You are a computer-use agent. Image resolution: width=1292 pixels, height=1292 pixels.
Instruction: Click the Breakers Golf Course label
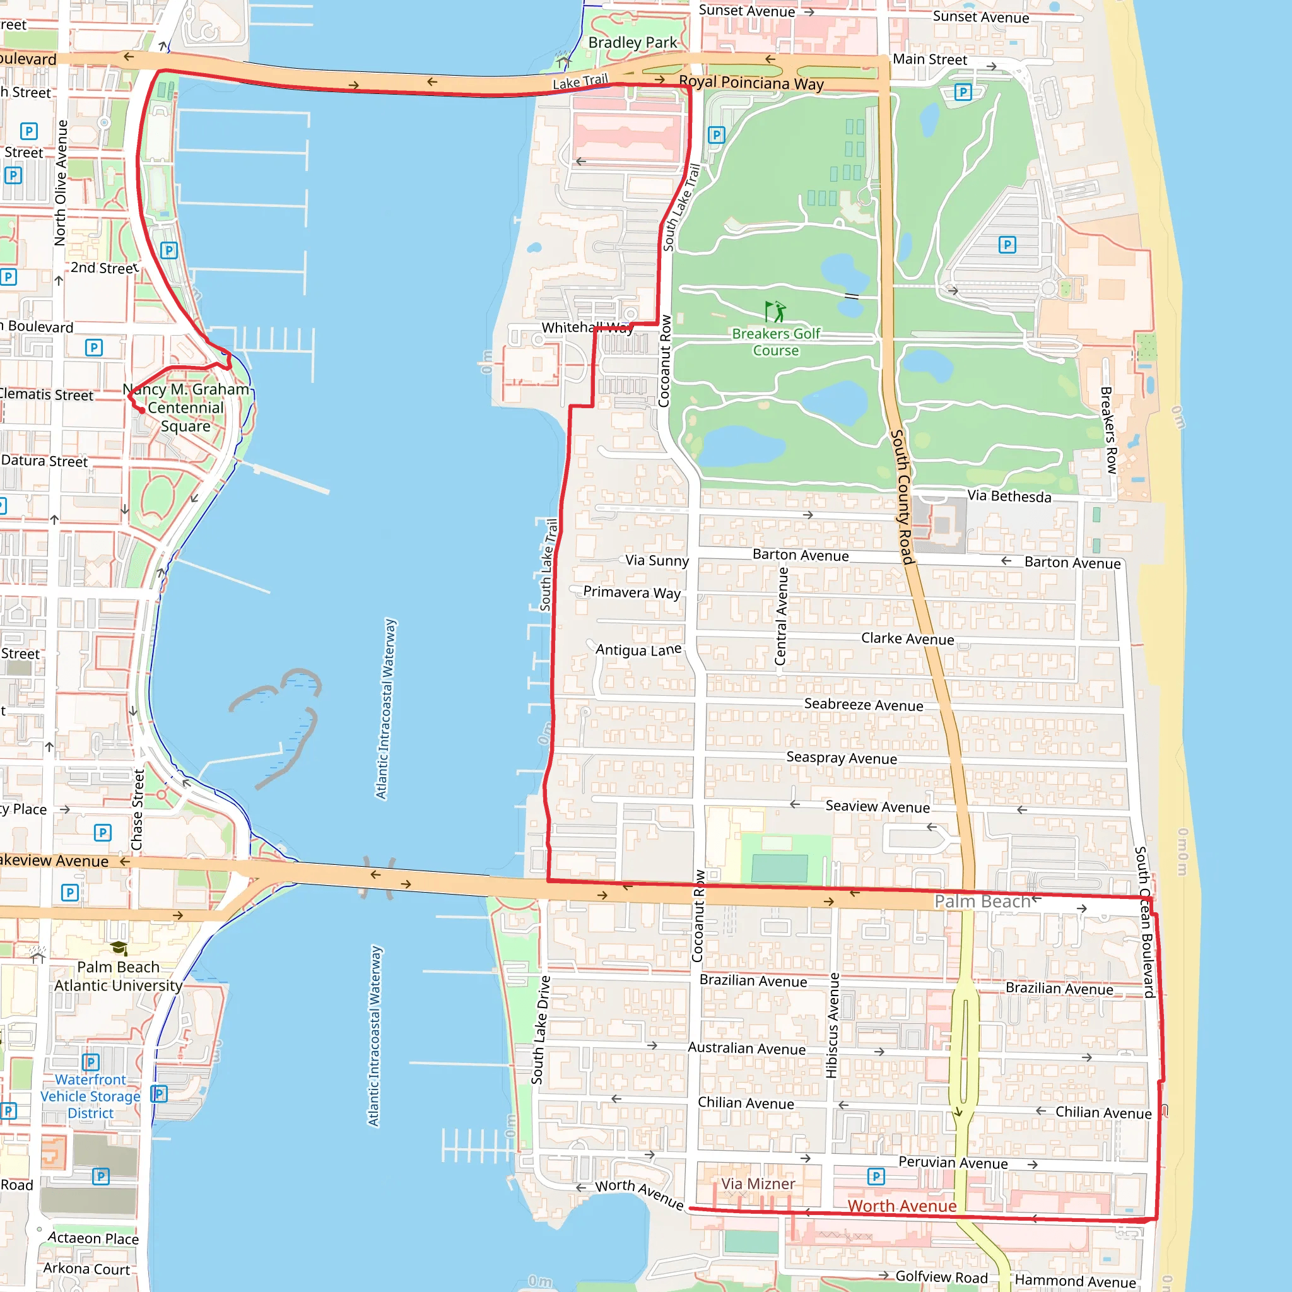[776, 342]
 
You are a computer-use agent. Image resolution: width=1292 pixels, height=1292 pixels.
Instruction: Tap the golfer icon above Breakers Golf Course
[775, 312]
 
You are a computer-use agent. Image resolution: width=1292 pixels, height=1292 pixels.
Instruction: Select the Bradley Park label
[633, 43]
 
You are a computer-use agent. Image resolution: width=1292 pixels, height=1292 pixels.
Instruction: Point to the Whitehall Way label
[587, 327]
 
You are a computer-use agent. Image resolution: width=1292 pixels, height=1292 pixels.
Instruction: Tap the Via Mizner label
[758, 1183]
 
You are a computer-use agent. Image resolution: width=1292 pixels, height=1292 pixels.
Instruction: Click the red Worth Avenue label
[901, 1206]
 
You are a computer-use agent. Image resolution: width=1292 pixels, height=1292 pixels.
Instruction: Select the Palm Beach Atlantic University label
[119, 977]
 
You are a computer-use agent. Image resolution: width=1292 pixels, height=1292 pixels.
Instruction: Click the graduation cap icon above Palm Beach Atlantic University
[119, 948]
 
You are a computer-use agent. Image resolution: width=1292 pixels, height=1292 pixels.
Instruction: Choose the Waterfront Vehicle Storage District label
[90, 1096]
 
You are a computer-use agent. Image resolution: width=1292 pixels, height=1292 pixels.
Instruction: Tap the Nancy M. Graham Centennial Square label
[185, 408]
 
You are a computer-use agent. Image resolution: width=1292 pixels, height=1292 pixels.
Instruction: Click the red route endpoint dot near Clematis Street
[142, 410]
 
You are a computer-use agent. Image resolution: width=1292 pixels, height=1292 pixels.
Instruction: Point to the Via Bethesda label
[1009, 496]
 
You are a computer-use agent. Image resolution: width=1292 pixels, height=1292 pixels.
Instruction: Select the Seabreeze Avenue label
[864, 705]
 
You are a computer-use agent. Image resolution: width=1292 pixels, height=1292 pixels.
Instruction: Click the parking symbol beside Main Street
[962, 91]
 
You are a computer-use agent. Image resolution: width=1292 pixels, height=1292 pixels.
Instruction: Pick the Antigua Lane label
[638, 649]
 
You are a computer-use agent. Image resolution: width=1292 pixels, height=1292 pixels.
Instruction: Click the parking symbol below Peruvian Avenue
[876, 1177]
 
